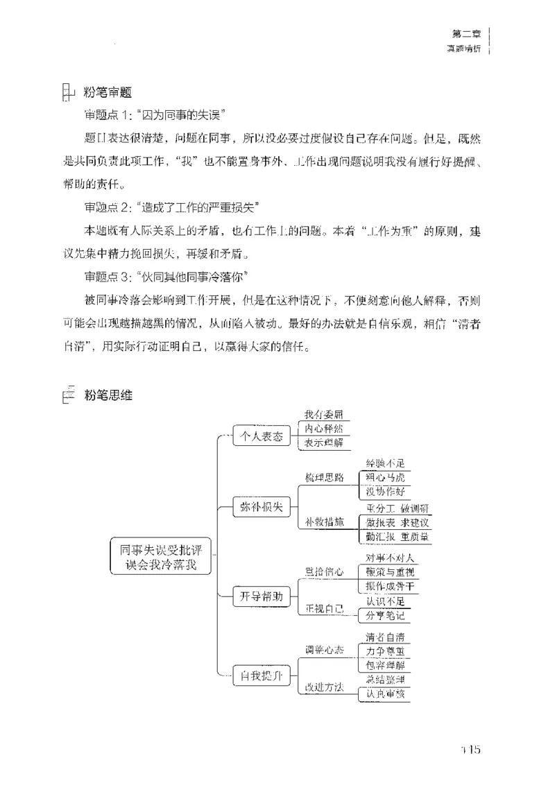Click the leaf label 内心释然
pyautogui.click(x=323, y=429)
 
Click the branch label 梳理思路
pyautogui.click(x=324, y=478)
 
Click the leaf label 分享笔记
pyautogui.click(x=385, y=616)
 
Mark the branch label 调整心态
pyautogui.click(x=324, y=650)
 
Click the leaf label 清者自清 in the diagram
pyautogui.click(x=386, y=637)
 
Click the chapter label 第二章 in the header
pyautogui.click(x=466, y=33)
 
